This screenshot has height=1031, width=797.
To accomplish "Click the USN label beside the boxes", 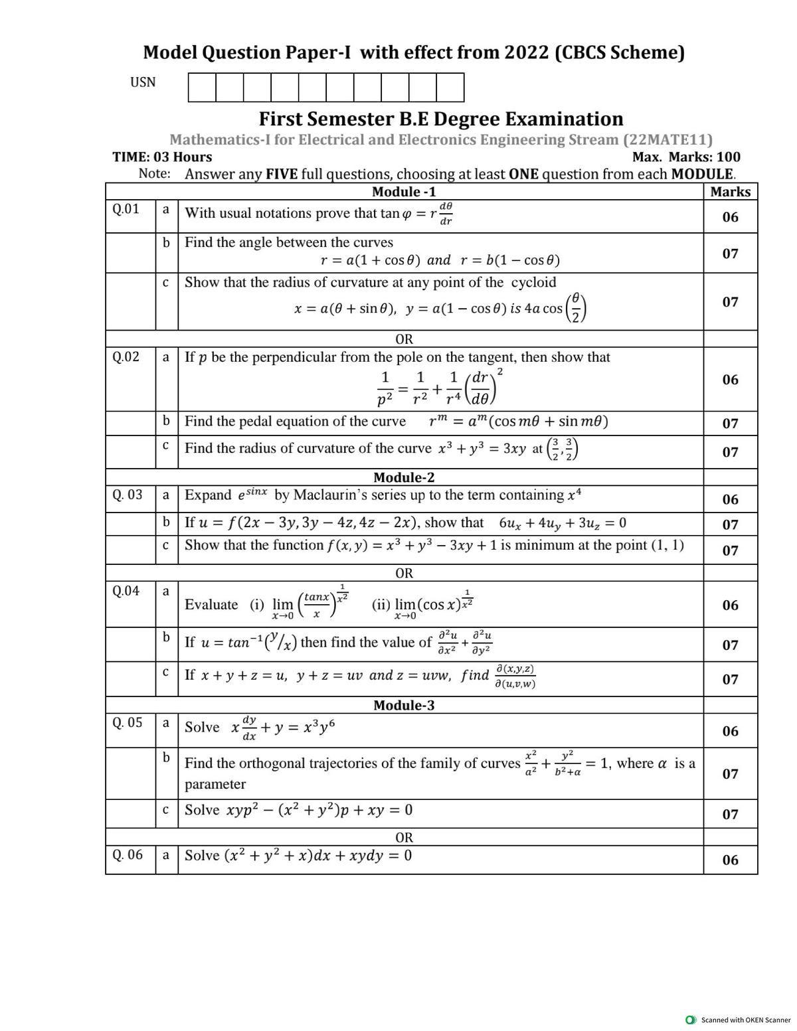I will [143, 82].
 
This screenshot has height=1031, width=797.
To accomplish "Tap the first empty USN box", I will [202, 88].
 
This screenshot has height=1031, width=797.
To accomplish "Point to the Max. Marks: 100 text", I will [686, 157].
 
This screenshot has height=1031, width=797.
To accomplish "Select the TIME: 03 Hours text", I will [163, 157].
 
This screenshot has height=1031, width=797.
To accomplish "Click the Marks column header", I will [730, 192].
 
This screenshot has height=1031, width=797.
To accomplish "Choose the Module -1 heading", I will [404, 192].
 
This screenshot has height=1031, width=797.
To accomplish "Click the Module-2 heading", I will [404, 477].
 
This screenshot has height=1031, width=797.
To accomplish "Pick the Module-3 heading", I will [404, 705].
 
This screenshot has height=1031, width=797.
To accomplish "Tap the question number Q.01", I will [126, 209].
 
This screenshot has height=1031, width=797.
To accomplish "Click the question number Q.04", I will [126, 590].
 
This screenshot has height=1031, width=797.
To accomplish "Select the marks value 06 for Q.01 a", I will [730, 217].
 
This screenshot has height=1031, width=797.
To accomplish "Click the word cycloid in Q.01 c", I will [534, 282].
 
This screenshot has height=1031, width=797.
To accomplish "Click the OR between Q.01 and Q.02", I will [404, 340].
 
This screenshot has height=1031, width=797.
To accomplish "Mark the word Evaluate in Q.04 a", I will [211, 605].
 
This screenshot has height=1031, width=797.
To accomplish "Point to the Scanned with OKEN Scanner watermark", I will [745, 1020].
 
